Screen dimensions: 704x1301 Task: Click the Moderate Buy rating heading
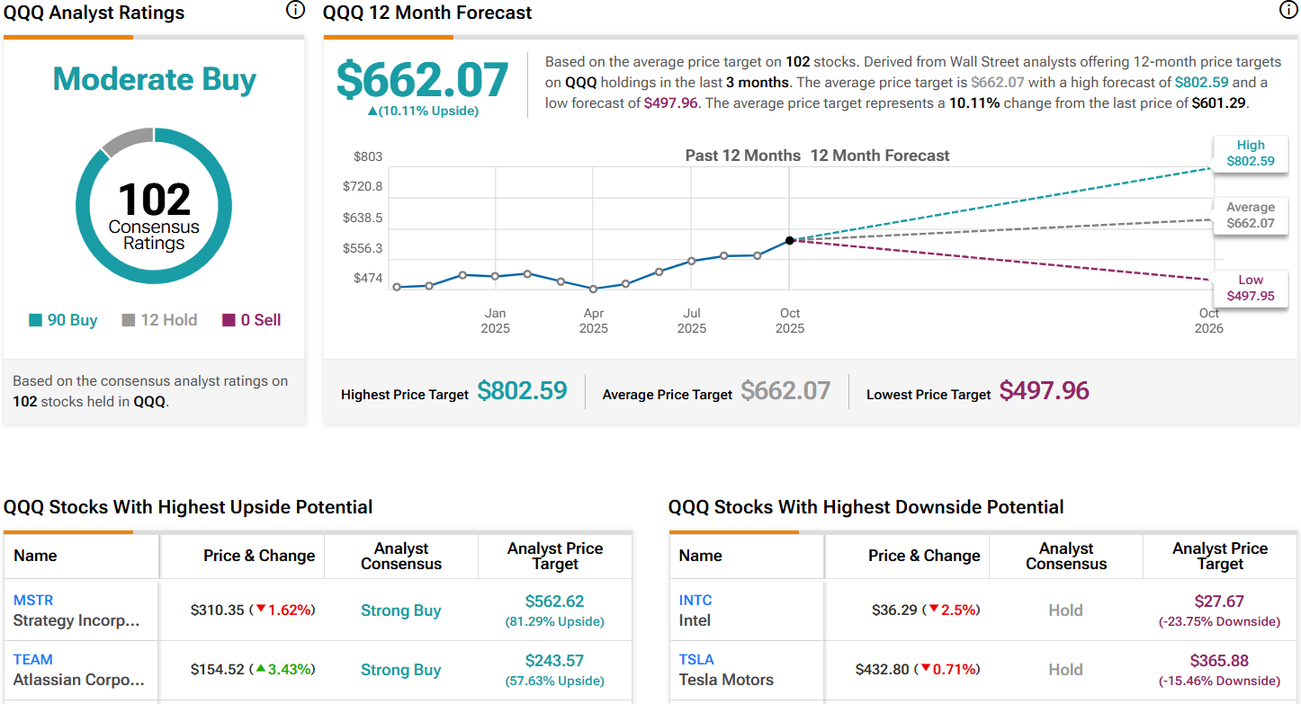click(154, 79)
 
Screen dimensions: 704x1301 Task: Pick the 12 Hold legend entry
click(159, 320)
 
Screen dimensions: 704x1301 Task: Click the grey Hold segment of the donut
click(127, 141)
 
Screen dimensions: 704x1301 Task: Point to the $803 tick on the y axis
click(368, 156)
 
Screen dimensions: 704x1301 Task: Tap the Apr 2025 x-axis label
click(594, 320)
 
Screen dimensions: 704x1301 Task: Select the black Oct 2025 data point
click(790, 240)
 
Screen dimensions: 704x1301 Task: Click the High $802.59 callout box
click(1250, 154)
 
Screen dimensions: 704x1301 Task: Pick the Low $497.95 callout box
click(1250, 288)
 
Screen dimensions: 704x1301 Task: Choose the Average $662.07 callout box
click(1250, 215)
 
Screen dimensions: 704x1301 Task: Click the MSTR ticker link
click(34, 600)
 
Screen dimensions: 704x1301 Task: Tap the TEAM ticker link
click(33, 659)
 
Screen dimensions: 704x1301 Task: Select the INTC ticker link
click(695, 600)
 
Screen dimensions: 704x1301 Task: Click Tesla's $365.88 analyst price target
click(1219, 661)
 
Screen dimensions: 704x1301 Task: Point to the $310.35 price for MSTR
click(217, 610)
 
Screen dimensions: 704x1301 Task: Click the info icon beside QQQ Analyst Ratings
click(294, 11)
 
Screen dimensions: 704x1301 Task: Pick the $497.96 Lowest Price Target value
click(1044, 390)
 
